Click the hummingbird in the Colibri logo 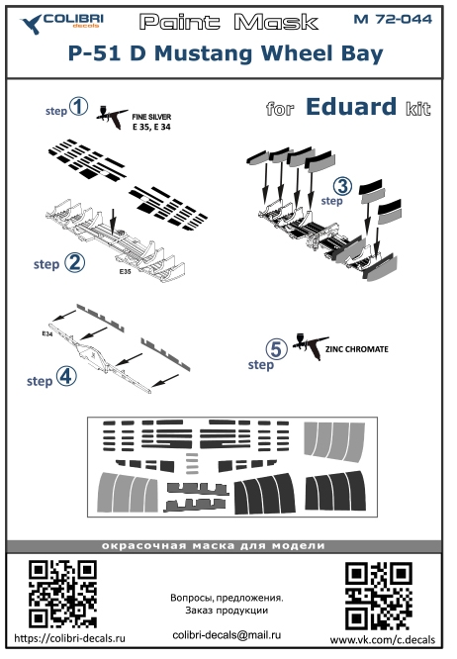pos(31,24)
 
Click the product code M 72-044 pos(393,20)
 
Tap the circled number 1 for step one pos(78,106)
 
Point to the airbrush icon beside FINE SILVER pos(112,117)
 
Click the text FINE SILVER pos(151,117)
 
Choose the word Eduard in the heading pos(351,107)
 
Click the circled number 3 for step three pos(342,186)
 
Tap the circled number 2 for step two pos(75,262)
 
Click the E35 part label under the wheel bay pos(126,271)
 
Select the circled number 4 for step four pos(66,376)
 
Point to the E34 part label pos(47,333)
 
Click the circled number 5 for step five pos(276,349)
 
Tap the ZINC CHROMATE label pos(357,349)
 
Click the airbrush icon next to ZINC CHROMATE pos(310,346)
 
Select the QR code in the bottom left pos(62,594)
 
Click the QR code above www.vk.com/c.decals pos(379,597)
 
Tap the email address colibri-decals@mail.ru pos(227,635)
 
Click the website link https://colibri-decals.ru pos(69,638)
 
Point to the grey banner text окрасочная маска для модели pos(214,546)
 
